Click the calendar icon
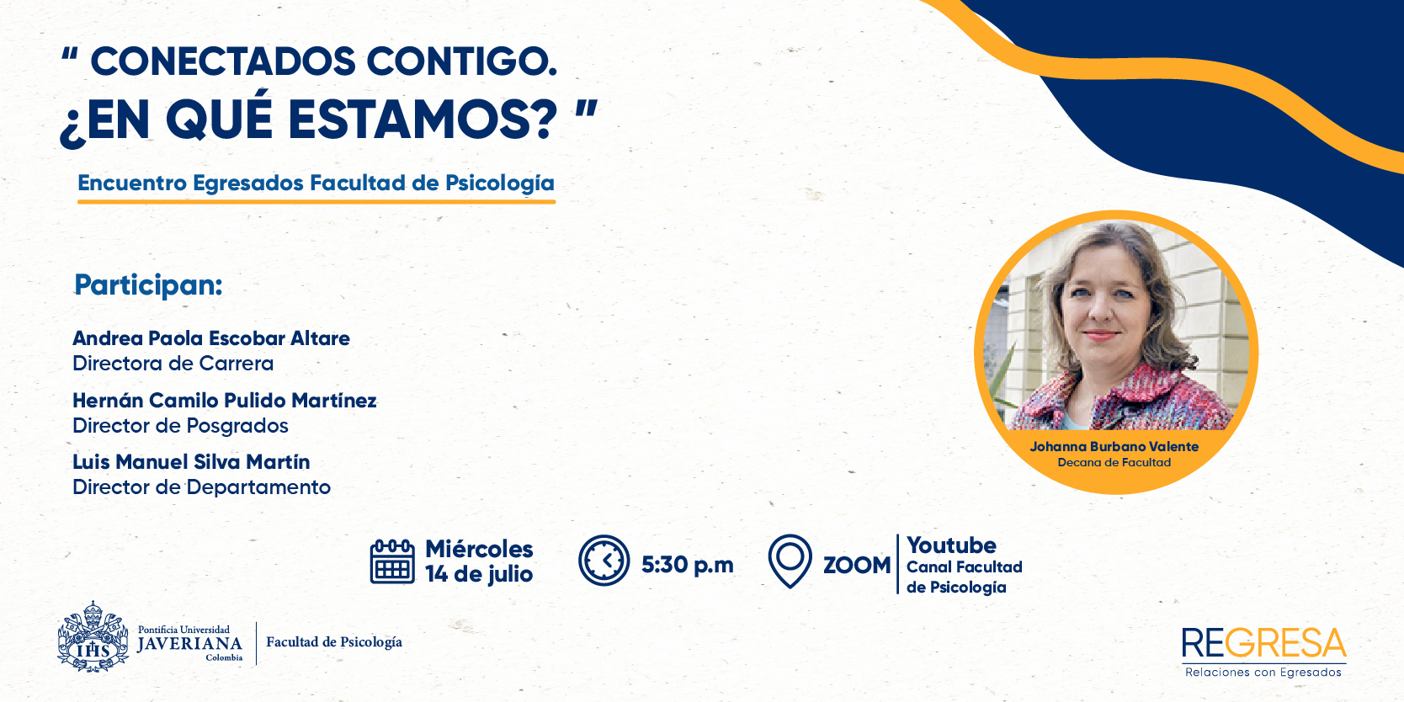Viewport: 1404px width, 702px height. coord(392,561)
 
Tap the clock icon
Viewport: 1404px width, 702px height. coord(604,561)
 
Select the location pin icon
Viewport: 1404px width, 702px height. coord(790,561)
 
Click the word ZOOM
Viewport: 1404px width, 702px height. coord(857,566)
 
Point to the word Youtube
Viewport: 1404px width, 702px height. coord(951,545)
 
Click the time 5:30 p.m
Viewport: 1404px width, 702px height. coord(688,566)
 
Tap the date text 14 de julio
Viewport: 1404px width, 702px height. coord(479,574)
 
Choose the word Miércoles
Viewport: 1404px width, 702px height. coord(479,549)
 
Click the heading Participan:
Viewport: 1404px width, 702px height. coord(148,286)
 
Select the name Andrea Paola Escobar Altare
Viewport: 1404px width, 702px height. coord(211,338)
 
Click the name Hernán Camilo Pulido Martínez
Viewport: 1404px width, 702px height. coord(225,400)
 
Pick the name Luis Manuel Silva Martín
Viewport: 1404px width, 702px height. coord(191,462)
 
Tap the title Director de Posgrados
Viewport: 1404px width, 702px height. coord(180,426)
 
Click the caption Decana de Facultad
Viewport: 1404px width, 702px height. coord(1114,463)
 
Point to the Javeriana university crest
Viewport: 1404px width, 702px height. coord(93,637)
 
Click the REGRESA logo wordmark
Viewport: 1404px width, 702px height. coord(1263,644)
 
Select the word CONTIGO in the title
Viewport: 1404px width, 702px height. coord(461,62)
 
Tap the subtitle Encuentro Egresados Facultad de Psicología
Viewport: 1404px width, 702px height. coord(316,183)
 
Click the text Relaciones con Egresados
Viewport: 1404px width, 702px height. coord(1263,673)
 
